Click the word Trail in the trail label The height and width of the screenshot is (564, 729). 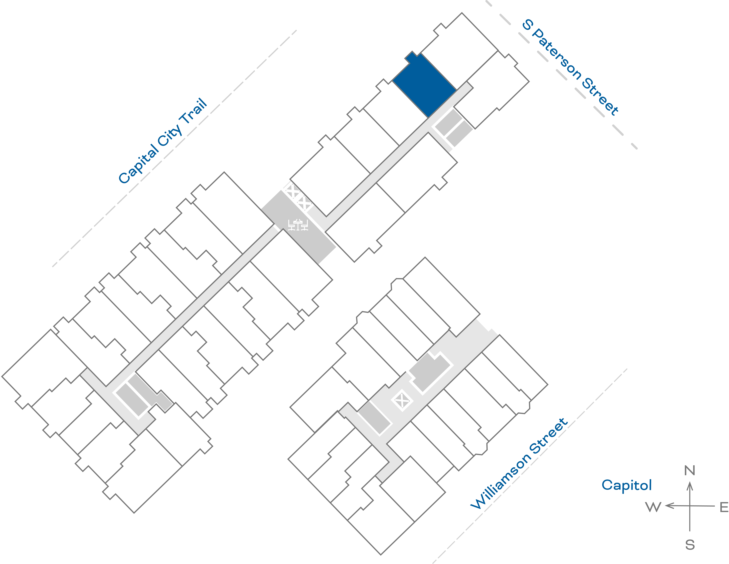(194, 112)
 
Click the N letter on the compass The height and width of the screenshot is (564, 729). (690, 471)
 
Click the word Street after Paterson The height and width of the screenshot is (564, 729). (600, 97)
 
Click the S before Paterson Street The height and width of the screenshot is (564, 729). (527, 24)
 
